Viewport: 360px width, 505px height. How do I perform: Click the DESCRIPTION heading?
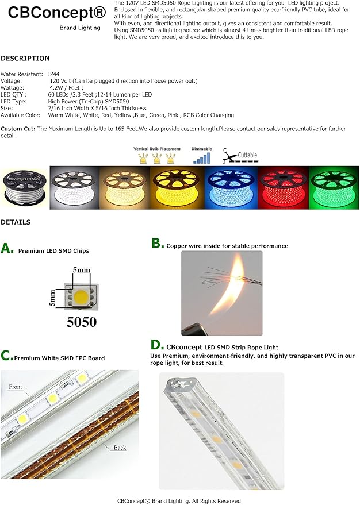pos(25,58)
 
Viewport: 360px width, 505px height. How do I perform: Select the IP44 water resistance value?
pos(53,74)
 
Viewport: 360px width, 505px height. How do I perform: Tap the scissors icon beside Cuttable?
pos(229,156)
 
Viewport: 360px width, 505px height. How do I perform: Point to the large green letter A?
pos(7,248)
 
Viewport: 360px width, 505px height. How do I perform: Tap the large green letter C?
pos(7,356)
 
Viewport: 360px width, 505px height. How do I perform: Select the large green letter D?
pos(158,345)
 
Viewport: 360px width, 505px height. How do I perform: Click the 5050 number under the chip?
pos(82,322)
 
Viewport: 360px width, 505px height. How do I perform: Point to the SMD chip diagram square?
pos(81,298)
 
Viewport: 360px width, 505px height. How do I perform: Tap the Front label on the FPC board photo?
pos(16,387)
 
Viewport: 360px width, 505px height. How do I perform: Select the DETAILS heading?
pos(16,222)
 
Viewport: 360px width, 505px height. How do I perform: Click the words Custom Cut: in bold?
pos(18,129)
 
